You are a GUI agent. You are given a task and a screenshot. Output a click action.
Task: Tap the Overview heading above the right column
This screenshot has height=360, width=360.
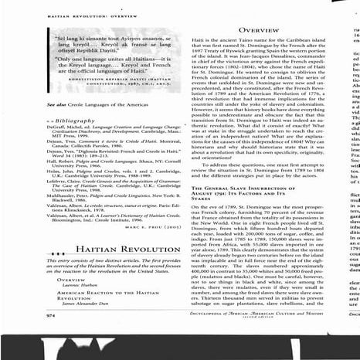tap(264, 29)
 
